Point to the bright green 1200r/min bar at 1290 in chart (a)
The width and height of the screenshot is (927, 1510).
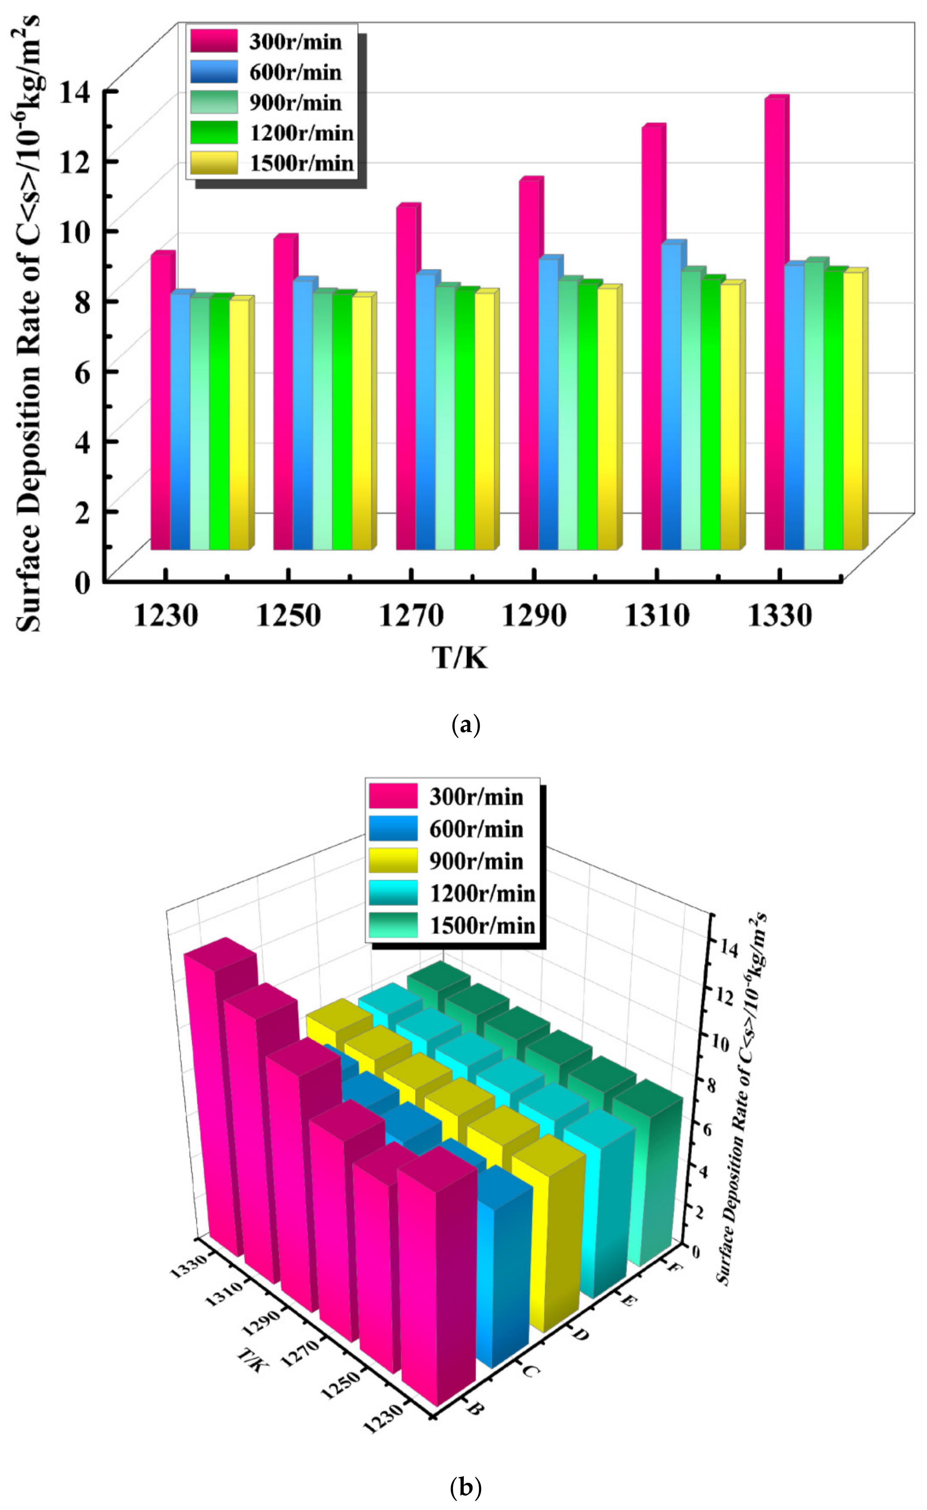click(587, 417)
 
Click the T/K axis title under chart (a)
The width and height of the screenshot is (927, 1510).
click(460, 658)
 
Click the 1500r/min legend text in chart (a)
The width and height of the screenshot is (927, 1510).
click(302, 163)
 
